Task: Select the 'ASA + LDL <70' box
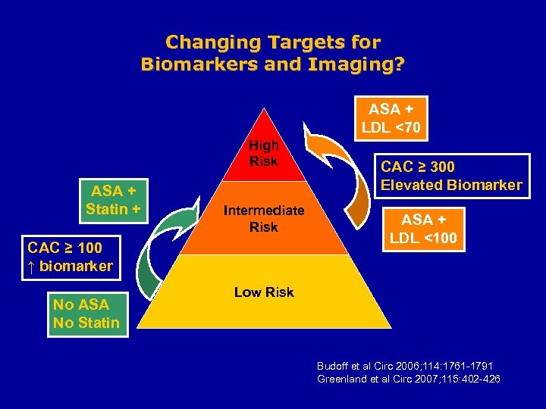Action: coord(394,118)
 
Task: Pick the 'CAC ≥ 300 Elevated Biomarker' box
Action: coord(451,176)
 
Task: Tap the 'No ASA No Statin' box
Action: coord(86,314)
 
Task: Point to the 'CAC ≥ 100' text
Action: coord(64,248)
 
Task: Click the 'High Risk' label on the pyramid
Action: coord(264,153)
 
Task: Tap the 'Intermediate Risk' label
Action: coord(264,218)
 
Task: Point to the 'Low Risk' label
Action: coord(264,292)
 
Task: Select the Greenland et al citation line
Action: coord(408,379)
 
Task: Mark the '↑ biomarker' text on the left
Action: coord(69,266)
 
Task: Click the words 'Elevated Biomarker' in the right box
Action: coord(451,185)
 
